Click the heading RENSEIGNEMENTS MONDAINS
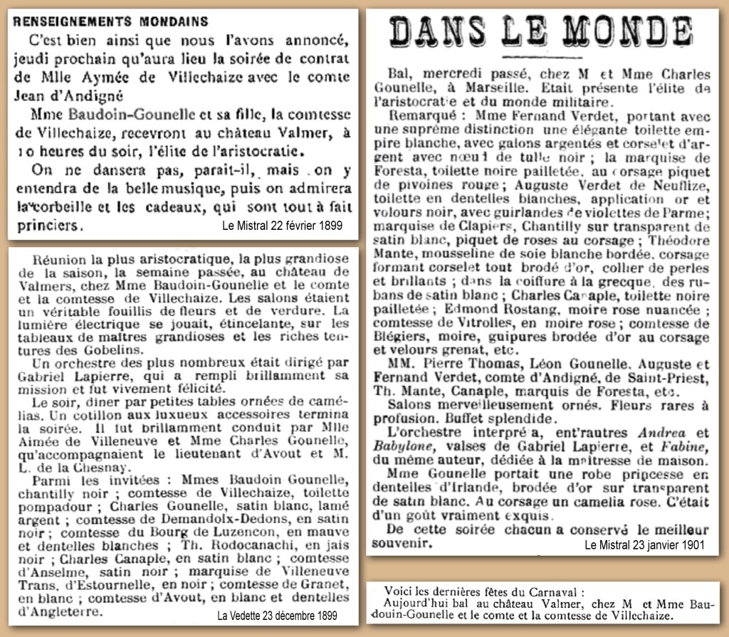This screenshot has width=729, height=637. pyautogui.click(x=111, y=21)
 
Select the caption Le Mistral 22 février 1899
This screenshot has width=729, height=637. pyautogui.click(x=282, y=226)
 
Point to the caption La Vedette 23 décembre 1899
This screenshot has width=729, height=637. pyautogui.click(x=277, y=615)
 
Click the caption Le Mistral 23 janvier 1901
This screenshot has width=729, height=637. pyautogui.click(x=644, y=545)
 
